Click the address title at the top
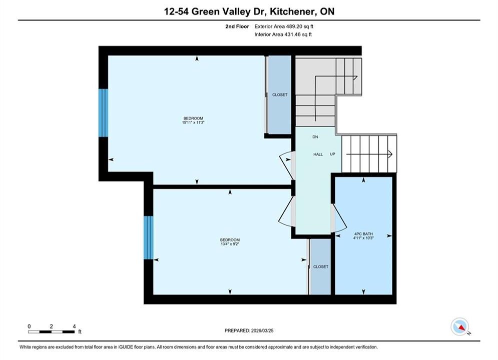(249, 11)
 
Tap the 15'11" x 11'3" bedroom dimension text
(193, 122)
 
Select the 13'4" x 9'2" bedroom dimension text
(230, 244)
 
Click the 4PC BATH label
(364, 234)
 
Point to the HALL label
(318, 154)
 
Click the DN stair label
(315, 137)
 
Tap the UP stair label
(332, 154)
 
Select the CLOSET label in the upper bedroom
(280, 95)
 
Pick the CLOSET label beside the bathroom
(321, 266)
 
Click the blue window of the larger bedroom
(104, 113)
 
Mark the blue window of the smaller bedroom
(149, 237)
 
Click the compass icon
(460, 326)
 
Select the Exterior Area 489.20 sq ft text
(284, 26)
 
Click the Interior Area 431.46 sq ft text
(283, 34)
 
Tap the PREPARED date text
(249, 330)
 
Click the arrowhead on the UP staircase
(390, 154)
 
